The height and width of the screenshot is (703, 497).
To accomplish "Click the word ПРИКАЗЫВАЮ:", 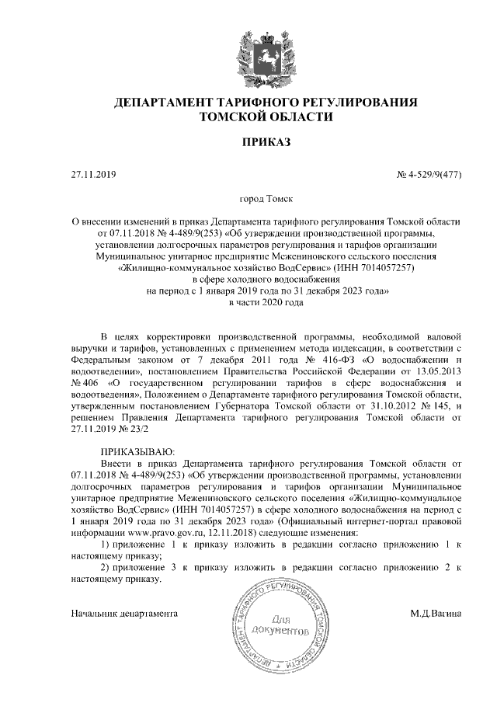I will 137,451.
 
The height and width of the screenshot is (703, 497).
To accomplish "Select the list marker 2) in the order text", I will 106,567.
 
